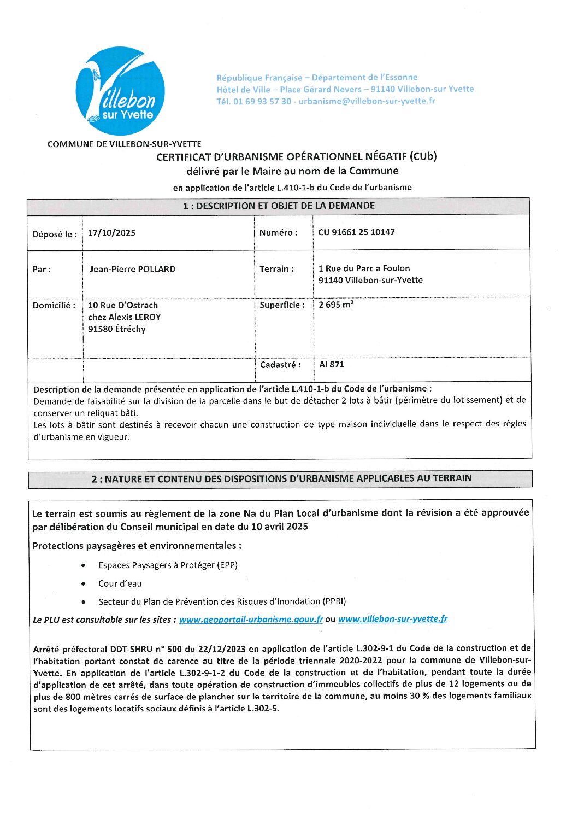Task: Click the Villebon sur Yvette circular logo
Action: point(120,91)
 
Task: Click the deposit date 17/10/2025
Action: point(111,233)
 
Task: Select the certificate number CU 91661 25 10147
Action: point(356,232)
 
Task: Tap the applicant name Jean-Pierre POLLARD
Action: point(133,269)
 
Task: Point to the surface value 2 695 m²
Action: point(336,305)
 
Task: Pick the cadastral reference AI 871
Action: point(331,365)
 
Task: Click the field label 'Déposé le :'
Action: point(55,235)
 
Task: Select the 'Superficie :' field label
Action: point(282,305)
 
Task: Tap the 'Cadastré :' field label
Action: point(280,365)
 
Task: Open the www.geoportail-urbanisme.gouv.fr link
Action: point(251,620)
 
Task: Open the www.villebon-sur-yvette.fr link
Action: point(392,619)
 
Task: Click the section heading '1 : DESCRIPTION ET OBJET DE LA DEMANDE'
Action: point(279,206)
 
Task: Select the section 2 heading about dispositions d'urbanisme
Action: point(281,478)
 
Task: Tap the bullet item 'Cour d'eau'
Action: point(120,583)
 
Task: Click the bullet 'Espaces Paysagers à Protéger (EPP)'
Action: point(168,565)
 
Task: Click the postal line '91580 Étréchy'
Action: point(117,329)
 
